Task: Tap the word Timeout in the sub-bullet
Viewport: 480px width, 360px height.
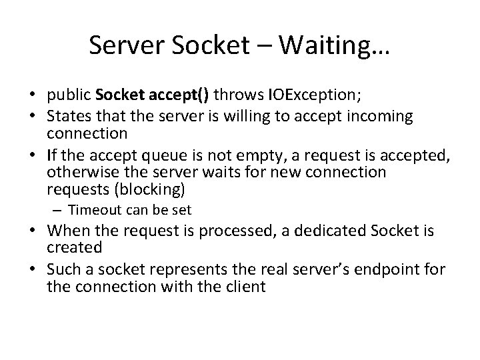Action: (94, 210)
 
